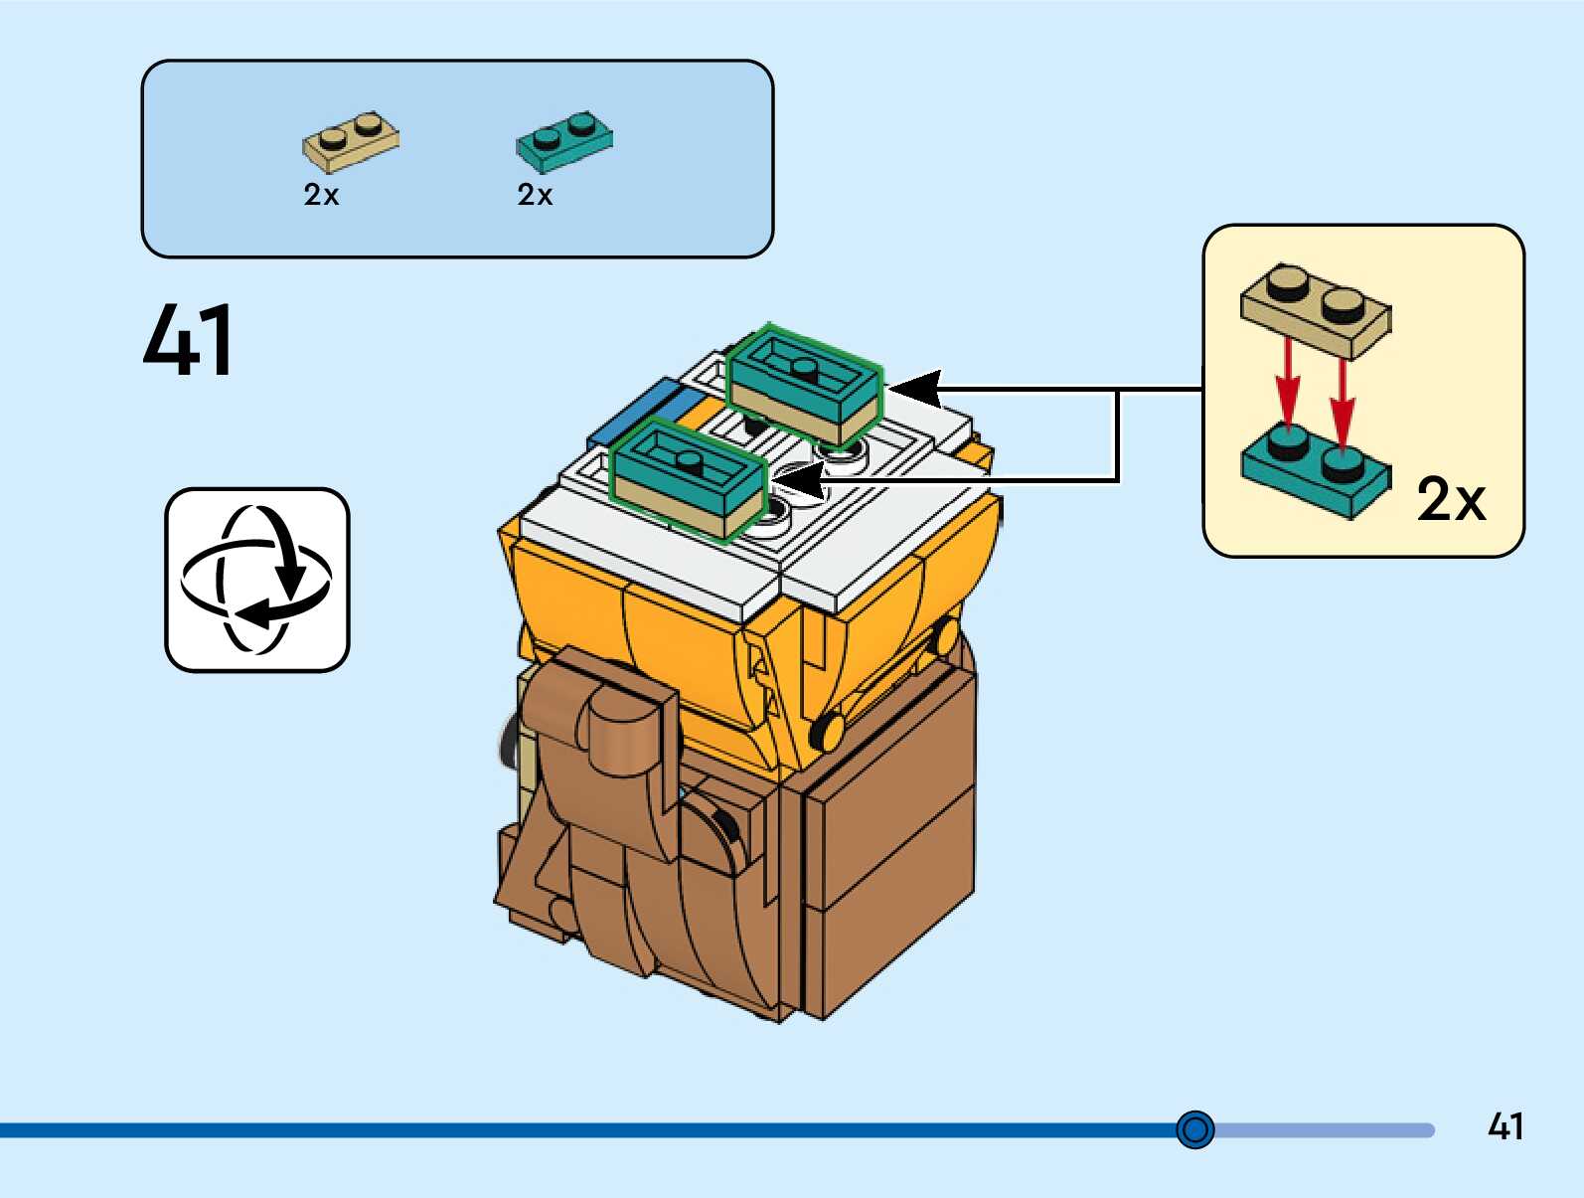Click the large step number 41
tap(189, 340)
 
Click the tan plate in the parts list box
tap(351, 141)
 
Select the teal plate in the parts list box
tap(564, 141)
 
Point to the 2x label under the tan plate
tap(321, 194)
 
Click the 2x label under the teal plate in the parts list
tap(535, 194)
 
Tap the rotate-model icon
tap(257, 580)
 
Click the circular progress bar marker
tap(1195, 1128)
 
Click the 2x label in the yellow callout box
tap(1451, 499)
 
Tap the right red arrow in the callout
tap(1342, 404)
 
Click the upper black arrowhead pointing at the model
tap(915, 389)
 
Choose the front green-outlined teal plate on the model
tap(687, 477)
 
